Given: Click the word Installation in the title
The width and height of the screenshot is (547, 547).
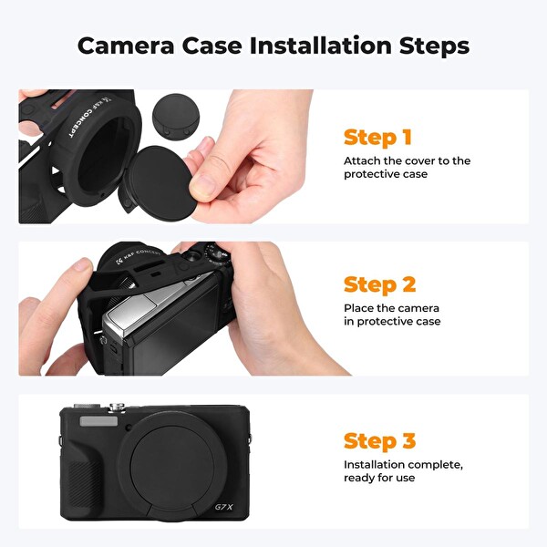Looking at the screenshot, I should pyautogui.click(x=321, y=45).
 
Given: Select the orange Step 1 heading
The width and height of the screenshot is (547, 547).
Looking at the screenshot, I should pyautogui.click(x=377, y=138).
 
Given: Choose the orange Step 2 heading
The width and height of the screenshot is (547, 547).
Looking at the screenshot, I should pyautogui.click(x=379, y=284).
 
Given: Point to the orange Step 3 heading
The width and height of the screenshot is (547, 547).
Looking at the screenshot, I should pyautogui.click(x=379, y=441).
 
